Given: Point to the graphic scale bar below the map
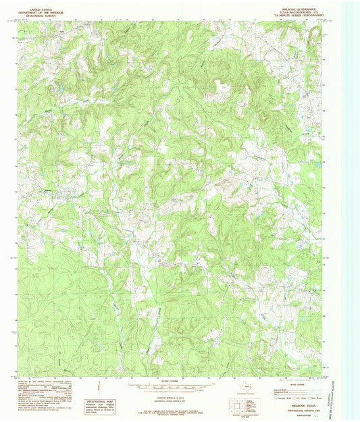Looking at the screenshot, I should (165, 388).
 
